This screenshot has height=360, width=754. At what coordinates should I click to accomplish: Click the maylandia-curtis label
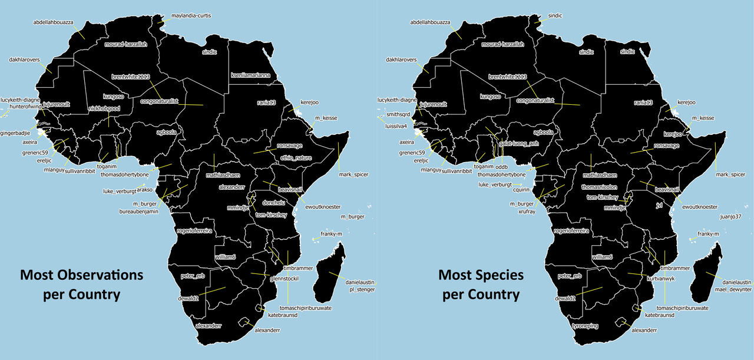click(191, 15)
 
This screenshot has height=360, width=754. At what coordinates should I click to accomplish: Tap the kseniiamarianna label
click(250, 75)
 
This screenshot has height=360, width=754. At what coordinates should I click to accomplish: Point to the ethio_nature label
click(295, 157)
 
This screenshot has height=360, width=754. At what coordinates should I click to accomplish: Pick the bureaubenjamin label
click(139, 211)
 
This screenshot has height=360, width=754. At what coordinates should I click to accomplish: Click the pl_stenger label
click(362, 290)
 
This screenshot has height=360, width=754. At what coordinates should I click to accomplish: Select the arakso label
click(145, 190)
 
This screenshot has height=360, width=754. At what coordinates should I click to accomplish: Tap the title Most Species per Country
click(481, 285)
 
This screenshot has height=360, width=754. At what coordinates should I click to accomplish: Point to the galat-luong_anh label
click(519, 143)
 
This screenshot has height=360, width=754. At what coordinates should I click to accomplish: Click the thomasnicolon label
click(600, 186)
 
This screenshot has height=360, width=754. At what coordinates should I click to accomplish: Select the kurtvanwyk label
click(660, 278)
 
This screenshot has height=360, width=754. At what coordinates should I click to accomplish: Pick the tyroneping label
click(585, 325)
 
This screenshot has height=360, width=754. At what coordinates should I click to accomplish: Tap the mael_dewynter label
click(729, 290)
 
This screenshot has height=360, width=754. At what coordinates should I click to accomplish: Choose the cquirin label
click(523, 190)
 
